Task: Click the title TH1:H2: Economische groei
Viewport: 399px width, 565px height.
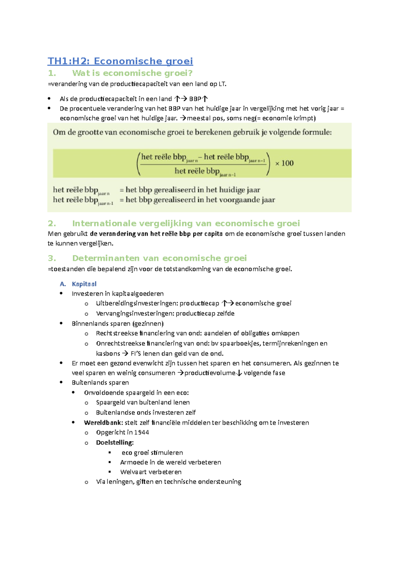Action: pos(120,61)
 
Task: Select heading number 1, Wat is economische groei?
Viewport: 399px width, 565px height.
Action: pos(132,73)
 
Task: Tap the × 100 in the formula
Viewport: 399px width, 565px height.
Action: pos(284,163)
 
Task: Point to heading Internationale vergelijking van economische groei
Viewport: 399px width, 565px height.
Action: pos(186,223)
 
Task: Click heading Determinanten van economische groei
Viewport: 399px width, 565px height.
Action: pos(159,258)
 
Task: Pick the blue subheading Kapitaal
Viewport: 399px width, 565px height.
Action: pos(84,284)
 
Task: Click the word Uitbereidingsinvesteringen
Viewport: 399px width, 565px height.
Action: pos(137,303)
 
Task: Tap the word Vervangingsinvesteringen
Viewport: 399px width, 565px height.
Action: pos(135,313)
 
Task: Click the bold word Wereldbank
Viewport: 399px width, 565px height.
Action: pos(103,423)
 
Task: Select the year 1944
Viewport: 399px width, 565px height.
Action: pos(142,432)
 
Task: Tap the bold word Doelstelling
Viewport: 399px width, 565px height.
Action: pos(114,443)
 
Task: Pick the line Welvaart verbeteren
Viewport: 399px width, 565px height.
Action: pos(151,472)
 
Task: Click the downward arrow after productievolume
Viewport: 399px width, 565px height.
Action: pos(239,373)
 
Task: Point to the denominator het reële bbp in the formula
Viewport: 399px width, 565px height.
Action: pos(197,171)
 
